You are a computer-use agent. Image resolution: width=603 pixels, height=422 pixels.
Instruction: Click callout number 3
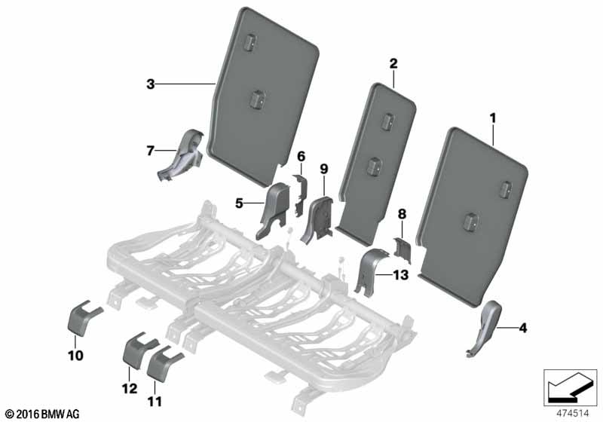point(150,84)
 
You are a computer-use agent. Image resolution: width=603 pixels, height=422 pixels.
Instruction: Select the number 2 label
point(393,63)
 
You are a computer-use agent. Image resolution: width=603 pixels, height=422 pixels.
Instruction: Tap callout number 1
point(493,118)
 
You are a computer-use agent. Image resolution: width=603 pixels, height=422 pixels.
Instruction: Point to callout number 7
point(150,151)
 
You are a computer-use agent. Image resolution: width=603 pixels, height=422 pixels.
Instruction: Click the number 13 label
point(400,275)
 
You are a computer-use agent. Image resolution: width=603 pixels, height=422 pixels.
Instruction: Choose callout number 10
point(75,356)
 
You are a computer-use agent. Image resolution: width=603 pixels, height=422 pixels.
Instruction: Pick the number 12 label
point(129,388)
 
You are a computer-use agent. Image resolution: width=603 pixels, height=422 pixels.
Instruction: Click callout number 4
point(522,329)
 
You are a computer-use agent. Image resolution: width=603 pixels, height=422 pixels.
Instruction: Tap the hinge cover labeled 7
point(182,155)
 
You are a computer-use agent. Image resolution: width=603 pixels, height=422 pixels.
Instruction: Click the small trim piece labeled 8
point(402,250)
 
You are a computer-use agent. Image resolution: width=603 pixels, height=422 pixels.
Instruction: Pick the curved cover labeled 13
point(369,271)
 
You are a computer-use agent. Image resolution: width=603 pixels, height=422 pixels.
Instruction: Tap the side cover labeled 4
point(484,328)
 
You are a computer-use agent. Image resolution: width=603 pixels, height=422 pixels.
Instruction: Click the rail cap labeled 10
point(82,319)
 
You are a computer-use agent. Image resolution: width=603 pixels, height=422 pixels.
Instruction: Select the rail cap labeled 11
point(163,363)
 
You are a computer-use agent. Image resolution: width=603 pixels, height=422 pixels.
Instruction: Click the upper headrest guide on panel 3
point(249,42)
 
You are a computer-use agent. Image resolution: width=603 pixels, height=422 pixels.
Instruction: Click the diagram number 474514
point(573,414)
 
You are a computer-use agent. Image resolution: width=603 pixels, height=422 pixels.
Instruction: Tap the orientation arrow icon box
point(571,387)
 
